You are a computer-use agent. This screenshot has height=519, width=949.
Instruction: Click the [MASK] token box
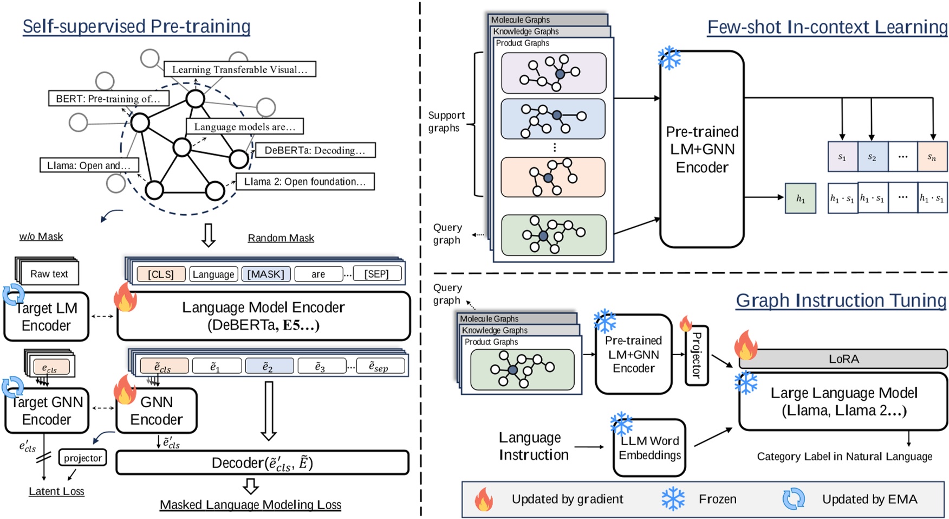265,274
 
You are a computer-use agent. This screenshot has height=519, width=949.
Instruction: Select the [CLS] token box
161,274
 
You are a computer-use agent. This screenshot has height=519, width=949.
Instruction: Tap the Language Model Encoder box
263,316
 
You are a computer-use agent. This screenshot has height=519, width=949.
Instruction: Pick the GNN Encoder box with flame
157,411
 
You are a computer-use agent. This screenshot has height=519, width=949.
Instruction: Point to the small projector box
82,458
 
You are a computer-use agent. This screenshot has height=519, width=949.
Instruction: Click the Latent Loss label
56,491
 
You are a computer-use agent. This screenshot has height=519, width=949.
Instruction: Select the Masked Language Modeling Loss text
250,505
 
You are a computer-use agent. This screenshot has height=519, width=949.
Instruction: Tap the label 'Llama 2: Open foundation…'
305,182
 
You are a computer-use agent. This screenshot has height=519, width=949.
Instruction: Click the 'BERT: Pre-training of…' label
108,99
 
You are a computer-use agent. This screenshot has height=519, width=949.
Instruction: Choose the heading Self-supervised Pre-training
136,26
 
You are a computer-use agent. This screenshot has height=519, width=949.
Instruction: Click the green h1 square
800,198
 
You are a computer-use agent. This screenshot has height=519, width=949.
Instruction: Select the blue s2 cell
872,157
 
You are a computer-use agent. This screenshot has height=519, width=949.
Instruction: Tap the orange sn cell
932,157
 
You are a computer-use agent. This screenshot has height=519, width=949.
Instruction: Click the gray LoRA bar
843,359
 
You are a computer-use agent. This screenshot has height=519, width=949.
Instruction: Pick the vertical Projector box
697,356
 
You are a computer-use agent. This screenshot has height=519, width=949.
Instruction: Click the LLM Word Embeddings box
649,448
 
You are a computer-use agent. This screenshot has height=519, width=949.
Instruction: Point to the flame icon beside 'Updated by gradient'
484,499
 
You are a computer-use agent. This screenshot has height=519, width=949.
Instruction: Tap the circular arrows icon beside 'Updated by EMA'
794,499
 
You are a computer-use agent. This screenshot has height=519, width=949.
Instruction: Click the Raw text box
49,274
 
